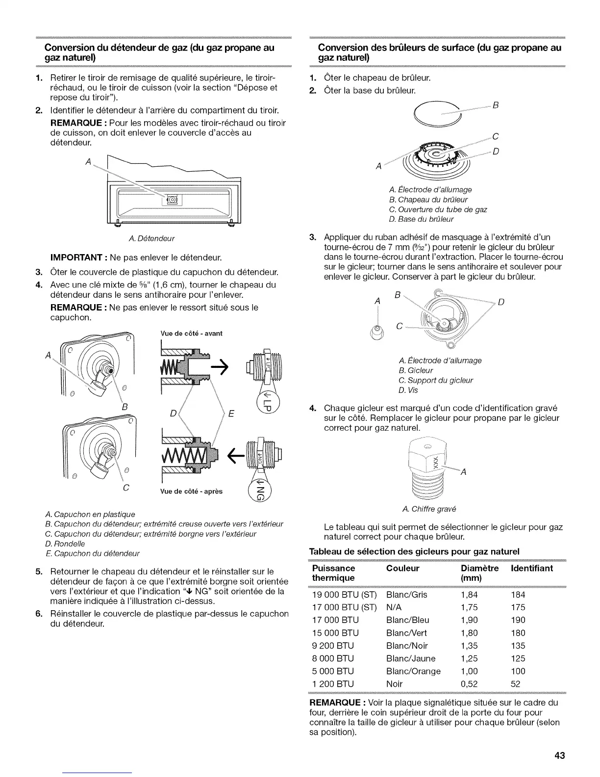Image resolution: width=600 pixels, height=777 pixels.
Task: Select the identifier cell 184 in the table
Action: coord(518,595)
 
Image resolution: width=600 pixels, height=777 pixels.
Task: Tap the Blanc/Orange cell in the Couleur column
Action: coord(413,671)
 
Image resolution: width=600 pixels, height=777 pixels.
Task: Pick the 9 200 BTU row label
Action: coord(333,646)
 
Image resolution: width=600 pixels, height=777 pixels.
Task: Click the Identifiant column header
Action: coord(531,568)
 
